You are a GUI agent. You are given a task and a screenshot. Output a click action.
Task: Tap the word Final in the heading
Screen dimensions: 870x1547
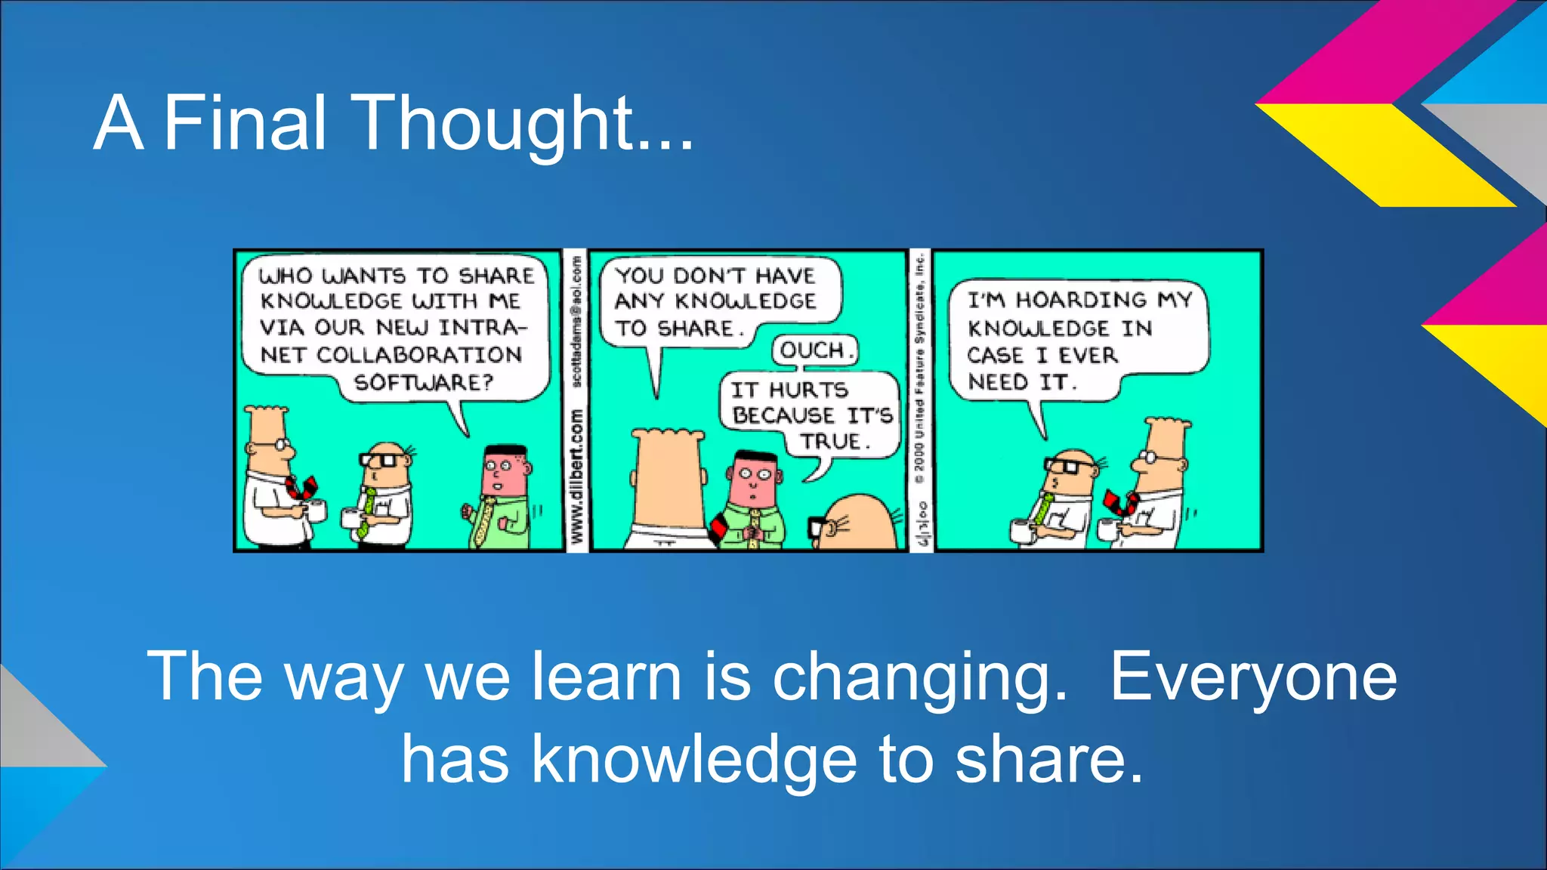tap(245, 122)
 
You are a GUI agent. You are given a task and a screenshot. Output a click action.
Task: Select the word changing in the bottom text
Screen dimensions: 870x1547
tap(919, 677)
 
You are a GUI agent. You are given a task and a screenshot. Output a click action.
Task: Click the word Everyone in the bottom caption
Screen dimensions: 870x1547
tap(1252, 677)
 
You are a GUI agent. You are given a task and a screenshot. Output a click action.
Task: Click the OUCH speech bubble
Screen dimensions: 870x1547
tap(814, 350)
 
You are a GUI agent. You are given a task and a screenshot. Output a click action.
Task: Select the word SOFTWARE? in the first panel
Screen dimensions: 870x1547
tap(423, 382)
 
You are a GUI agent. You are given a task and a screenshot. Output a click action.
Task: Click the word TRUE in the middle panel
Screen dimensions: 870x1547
tap(833, 441)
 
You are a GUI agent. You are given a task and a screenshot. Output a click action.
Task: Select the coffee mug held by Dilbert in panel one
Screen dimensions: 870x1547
tap(317, 511)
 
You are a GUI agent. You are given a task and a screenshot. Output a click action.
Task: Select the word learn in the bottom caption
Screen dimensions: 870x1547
tap(607, 677)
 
